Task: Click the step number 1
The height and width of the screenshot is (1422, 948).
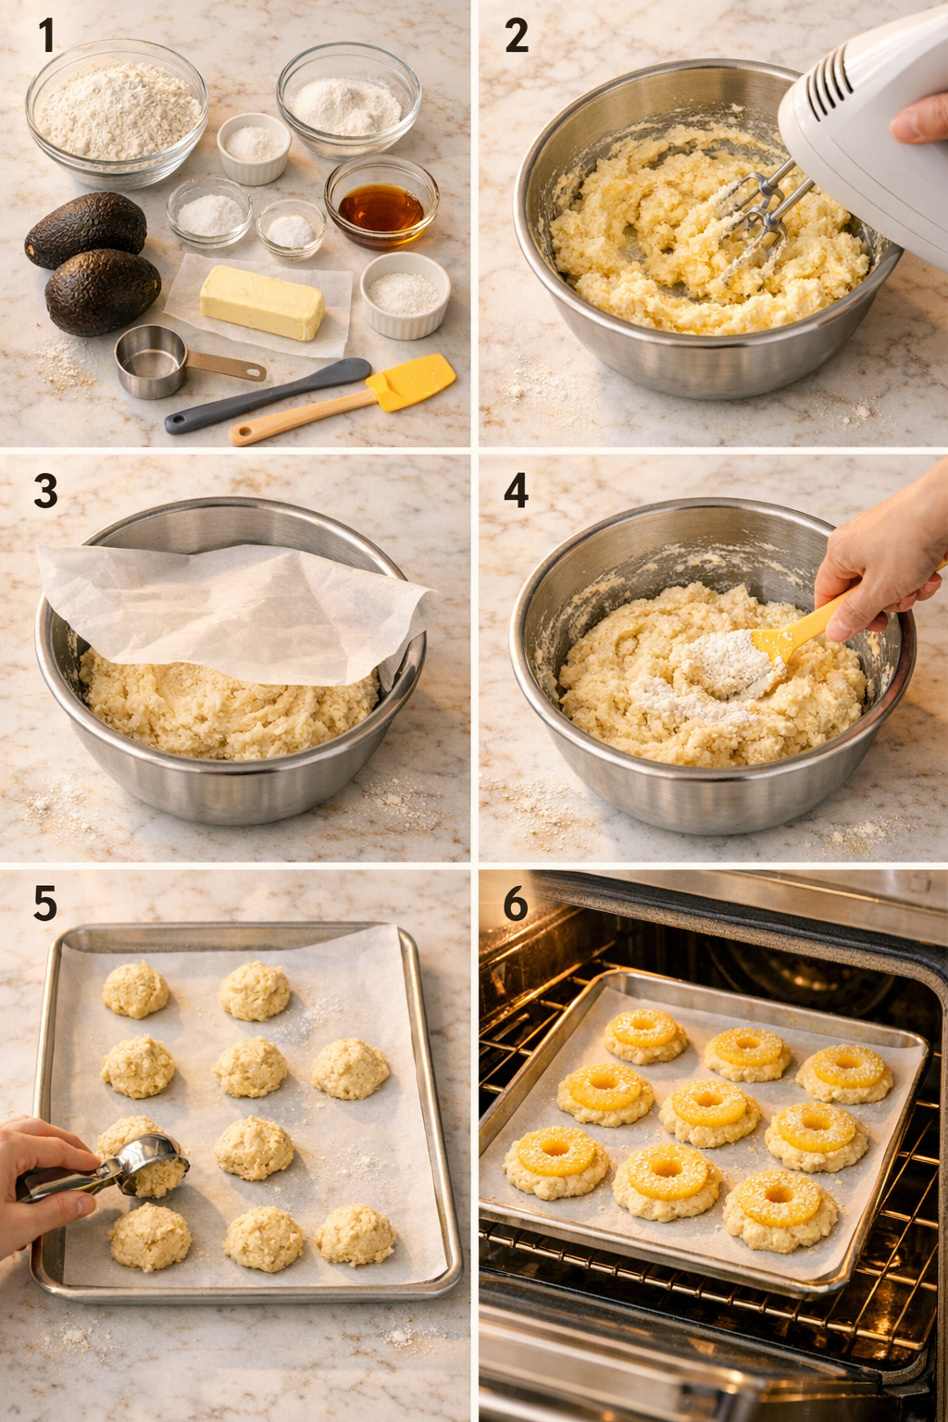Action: tap(45, 36)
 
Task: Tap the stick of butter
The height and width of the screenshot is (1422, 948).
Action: tap(262, 302)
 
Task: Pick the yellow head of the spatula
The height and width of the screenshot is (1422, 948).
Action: tap(411, 381)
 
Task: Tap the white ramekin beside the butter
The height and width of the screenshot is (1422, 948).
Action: tap(405, 293)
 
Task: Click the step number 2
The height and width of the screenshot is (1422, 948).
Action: tap(516, 36)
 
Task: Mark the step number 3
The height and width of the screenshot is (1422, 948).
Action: tap(45, 491)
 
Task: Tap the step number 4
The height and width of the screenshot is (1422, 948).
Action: tap(516, 491)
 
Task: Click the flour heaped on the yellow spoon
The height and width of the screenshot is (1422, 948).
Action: tap(727, 662)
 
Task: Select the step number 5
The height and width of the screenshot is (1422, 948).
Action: tap(45, 904)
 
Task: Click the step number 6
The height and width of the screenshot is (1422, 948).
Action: tap(516, 904)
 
